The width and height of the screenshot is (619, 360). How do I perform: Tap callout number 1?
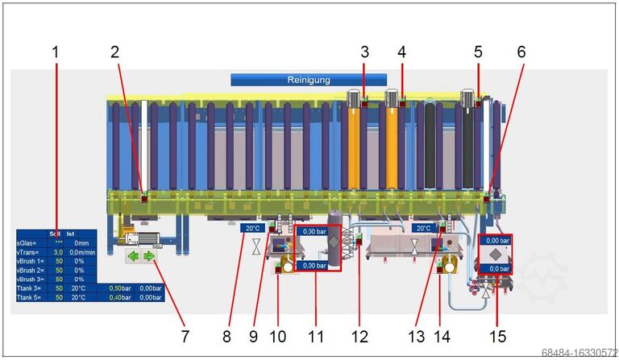click(56, 52)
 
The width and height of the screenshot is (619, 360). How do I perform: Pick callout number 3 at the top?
click(364, 52)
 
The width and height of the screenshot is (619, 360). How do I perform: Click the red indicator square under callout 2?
click(144, 197)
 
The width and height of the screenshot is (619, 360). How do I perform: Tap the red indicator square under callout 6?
click(488, 197)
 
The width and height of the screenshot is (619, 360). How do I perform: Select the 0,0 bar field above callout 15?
click(496, 268)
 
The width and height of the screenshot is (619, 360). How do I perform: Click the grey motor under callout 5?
click(466, 98)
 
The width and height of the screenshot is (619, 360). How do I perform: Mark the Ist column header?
click(71, 234)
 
